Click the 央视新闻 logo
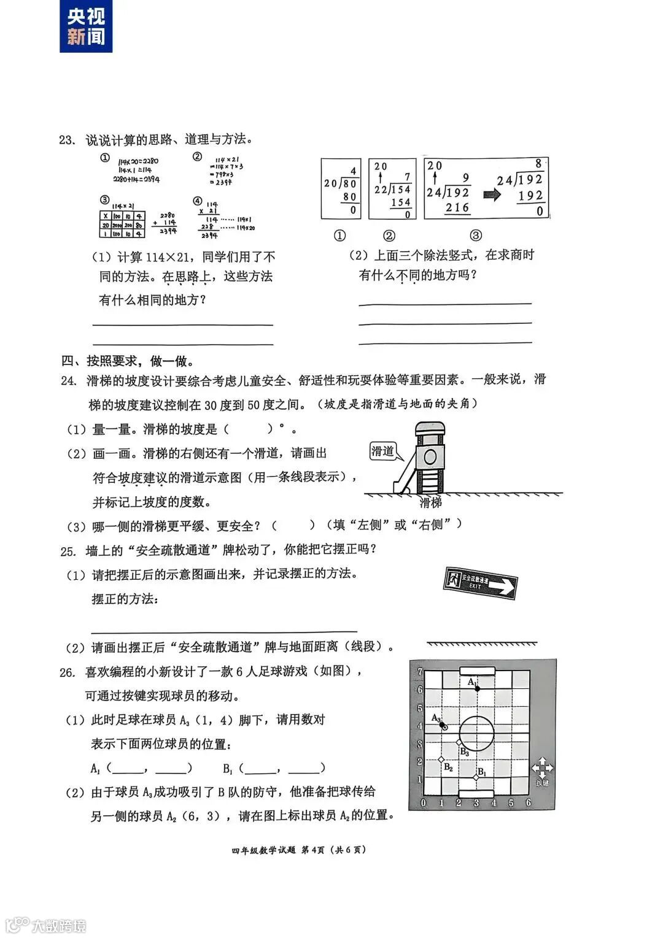pos(86,26)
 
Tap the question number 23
pos(66,140)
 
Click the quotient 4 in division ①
pos(353,171)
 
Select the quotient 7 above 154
pos(406,177)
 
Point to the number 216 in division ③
pos(457,208)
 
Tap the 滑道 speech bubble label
pos(382,452)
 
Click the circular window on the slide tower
pos(430,456)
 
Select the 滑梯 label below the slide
pos(430,503)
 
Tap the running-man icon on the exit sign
pos(453,578)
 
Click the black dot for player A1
pos(476,688)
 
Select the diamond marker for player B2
pos(441,760)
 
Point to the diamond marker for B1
pos(476,778)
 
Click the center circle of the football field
pos(476,734)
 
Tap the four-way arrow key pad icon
pos(542,767)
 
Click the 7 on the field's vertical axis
pos(420,672)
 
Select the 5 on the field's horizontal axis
pos(511,803)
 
